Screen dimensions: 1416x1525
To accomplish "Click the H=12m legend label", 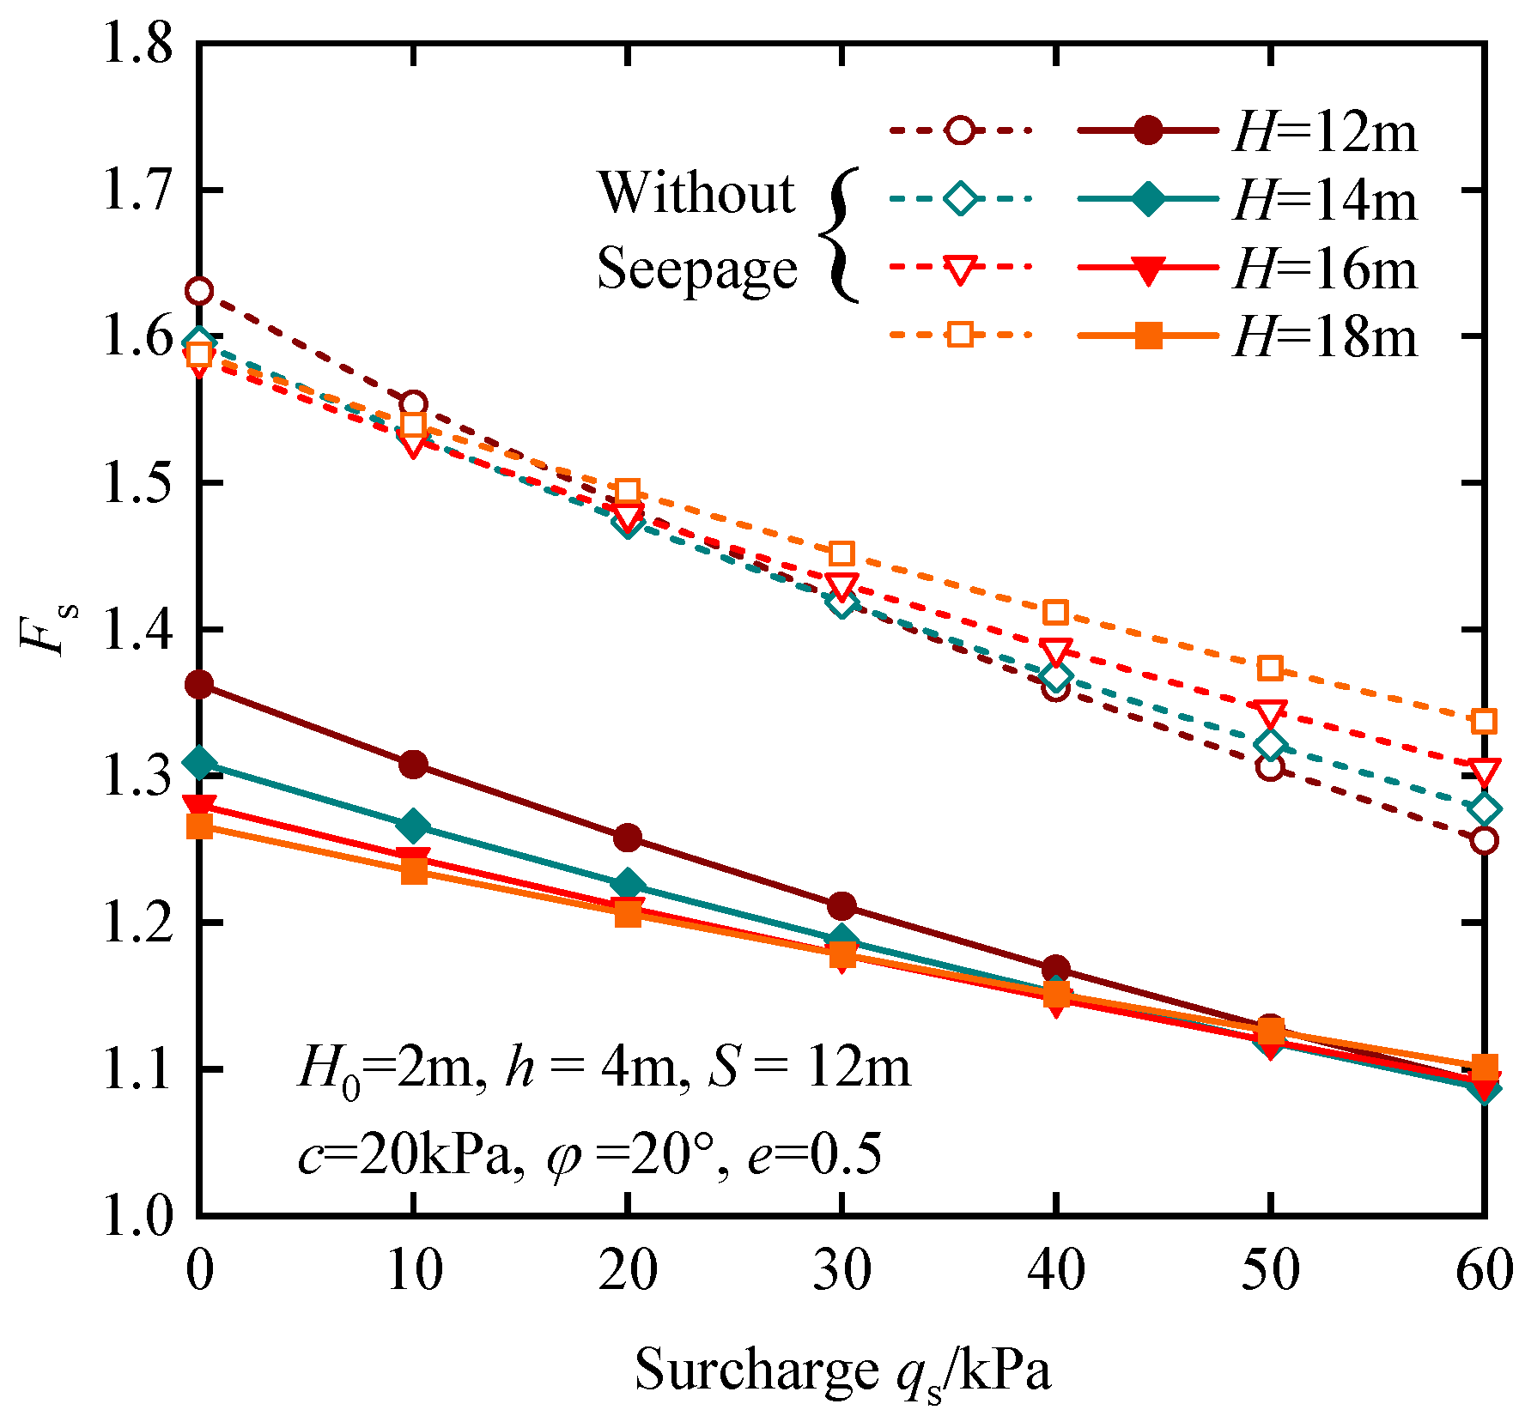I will point(1325,133).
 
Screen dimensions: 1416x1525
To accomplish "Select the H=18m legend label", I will point(1325,337).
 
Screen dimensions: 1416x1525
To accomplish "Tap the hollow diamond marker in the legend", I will point(960,199).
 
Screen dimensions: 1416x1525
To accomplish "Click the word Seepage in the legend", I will point(697,269).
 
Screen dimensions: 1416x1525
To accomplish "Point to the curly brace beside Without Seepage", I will point(839,234).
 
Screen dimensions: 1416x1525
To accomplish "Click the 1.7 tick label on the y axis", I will point(137,191).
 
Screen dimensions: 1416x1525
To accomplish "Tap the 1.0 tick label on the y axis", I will point(137,1216).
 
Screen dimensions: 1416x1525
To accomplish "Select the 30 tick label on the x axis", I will point(841,1270).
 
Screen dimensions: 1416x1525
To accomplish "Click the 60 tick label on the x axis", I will point(1483,1270).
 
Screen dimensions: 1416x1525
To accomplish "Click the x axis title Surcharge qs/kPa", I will point(842,1371).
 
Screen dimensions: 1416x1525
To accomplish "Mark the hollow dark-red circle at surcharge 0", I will point(199,292).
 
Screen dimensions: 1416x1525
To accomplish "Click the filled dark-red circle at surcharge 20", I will point(628,838).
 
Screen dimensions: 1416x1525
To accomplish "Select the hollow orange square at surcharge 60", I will point(1484,722).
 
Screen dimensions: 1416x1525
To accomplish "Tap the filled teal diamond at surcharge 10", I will point(414,826).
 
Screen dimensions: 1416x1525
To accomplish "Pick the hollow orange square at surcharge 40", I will point(1055,613).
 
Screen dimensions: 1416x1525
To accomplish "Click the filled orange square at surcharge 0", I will point(199,826).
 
